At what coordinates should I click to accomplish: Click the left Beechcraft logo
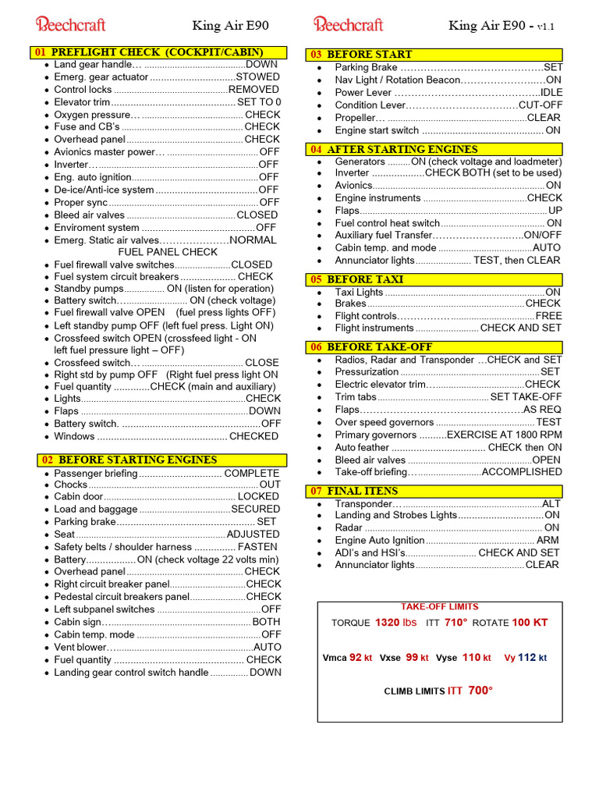[x=70, y=24]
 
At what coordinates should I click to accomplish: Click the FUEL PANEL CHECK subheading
[x=168, y=252]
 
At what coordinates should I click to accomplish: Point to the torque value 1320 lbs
[x=396, y=623]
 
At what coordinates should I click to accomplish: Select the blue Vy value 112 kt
[x=532, y=658]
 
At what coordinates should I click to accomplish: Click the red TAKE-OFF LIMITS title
[x=439, y=606]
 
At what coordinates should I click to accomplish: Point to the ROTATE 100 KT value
[x=530, y=623]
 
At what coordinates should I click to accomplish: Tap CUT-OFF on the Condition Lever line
[x=540, y=105]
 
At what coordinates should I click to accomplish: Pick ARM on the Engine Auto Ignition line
[x=548, y=540]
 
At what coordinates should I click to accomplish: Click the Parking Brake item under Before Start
[x=362, y=68]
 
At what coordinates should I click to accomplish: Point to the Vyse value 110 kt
[x=476, y=658]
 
